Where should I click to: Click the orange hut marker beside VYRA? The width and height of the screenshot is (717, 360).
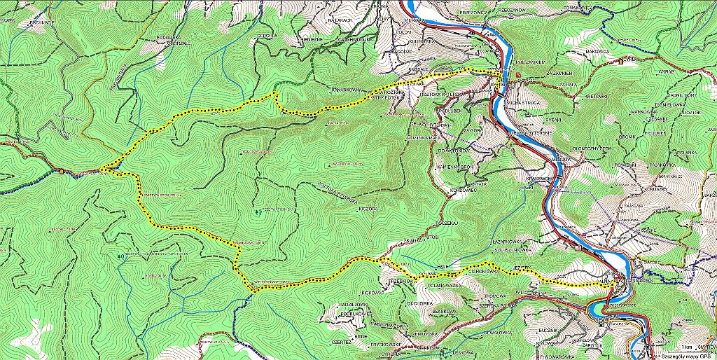coord(620,62)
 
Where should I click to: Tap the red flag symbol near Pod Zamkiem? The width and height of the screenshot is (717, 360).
coord(517,73)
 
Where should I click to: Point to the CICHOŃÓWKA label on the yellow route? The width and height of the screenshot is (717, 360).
coord(478,268)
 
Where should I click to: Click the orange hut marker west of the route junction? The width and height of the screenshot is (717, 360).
coord(62,170)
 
